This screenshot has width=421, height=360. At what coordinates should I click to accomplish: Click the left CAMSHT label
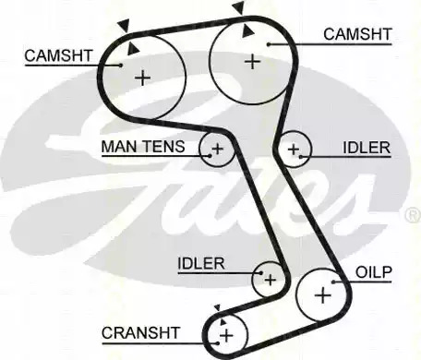pyautogui.click(x=58, y=55)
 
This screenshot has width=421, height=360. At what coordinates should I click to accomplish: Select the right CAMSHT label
pyautogui.click(x=357, y=34)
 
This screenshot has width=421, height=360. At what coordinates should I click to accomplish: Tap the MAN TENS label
pyautogui.click(x=143, y=147)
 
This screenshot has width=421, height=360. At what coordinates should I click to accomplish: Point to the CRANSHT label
pyautogui.click(x=140, y=332)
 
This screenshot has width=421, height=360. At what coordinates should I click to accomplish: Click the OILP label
pyautogui.click(x=374, y=272)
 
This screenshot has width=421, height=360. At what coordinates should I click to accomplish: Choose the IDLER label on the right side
pyautogui.click(x=367, y=148)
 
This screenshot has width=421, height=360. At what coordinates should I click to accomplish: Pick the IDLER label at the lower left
pyautogui.click(x=201, y=263)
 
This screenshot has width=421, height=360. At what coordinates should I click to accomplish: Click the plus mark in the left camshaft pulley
pyautogui.click(x=143, y=78)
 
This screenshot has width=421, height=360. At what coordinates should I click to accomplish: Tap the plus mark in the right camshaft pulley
pyautogui.click(x=253, y=61)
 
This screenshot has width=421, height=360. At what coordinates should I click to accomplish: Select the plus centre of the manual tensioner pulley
pyautogui.click(x=217, y=149)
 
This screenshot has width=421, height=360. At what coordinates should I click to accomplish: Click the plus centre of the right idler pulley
pyautogui.click(x=294, y=150)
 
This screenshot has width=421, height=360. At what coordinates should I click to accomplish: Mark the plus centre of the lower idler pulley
pyautogui.click(x=271, y=280)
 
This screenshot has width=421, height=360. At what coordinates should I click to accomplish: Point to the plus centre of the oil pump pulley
pyautogui.click(x=323, y=295)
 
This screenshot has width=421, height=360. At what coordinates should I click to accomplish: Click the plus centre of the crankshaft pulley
pyautogui.click(x=226, y=335)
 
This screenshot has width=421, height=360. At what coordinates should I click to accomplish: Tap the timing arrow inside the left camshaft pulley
pyautogui.click(x=133, y=49)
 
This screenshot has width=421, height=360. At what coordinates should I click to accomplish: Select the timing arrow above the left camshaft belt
pyautogui.click(x=125, y=26)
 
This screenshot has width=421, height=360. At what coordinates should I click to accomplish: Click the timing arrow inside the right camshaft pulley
pyautogui.click(x=247, y=30)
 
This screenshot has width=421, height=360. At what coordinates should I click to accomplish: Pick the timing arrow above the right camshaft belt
pyautogui.click(x=238, y=7)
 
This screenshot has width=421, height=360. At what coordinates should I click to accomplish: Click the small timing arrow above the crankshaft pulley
pyautogui.click(x=218, y=307)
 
